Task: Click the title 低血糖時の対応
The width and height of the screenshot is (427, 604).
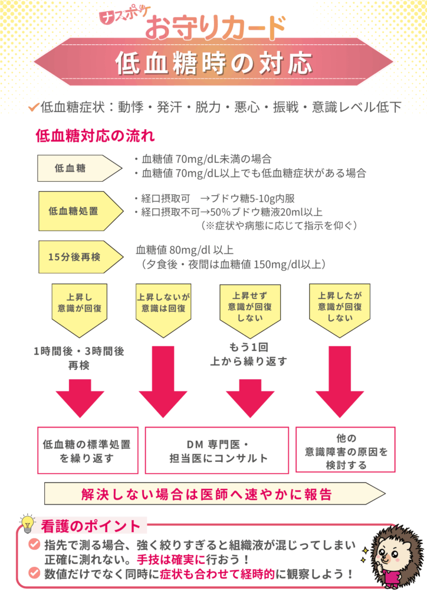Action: click(x=213, y=63)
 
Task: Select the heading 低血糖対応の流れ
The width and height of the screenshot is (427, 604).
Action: click(x=95, y=136)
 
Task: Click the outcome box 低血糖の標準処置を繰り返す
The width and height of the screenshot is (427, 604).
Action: click(x=87, y=450)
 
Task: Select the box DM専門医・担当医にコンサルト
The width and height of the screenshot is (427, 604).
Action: click(x=216, y=450)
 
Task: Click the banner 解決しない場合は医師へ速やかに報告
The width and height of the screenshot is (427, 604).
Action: click(x=209, y=494)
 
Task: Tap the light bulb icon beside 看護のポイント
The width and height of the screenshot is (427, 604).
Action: click(x=27, y=523)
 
